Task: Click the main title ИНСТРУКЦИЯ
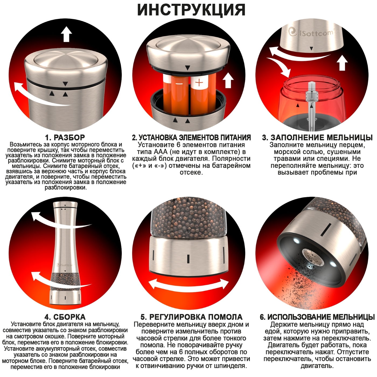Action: pyautogui.click(x=191, y=10)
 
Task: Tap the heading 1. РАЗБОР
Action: pyautogui.click(x=65, y=138)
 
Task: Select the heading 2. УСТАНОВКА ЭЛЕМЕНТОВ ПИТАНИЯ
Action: pyautogui.click(x=191, y=138)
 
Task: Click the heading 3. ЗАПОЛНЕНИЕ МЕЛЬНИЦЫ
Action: pyautogui.click(x=317, y=138)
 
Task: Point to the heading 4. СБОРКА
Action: pyautogui.click(x=65, y=317)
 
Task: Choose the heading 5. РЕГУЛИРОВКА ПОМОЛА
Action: pyautogui.click(x=191, y=317)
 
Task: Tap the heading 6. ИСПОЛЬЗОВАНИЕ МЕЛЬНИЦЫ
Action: pyautogui.click(x=317, y=317)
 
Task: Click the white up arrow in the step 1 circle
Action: pyautogui.click(x=66, y=34)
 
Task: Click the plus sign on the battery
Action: pyautogui.click(x=199, y=83)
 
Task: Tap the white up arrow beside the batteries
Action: pyautogui.click(x=228, y=80)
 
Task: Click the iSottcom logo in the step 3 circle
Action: pyautogui.click(x=310, y=32)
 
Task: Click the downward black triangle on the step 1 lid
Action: pyautogui.click(x=65, y=84)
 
